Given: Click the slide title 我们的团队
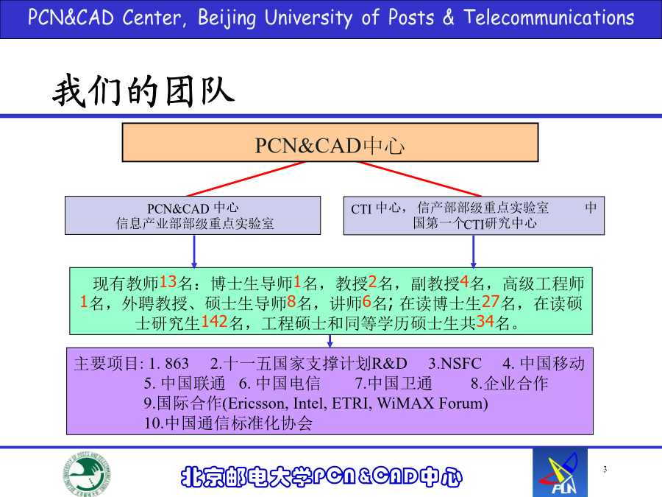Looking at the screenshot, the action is pos(143,91).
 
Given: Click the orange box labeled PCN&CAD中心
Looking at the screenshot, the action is pos(330,142).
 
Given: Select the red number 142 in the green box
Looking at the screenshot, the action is pos(215,322).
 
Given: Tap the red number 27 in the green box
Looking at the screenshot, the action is pos(491,302).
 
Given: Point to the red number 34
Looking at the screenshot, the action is pos(485,322).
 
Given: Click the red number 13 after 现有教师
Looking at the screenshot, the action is pos(168,282).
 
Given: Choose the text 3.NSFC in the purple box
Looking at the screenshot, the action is pos(455,364).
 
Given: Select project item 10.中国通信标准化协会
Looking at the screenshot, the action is pos(229,423).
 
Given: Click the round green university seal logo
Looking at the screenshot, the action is pos(87,473).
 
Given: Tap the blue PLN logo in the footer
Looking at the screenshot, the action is pos(560,473).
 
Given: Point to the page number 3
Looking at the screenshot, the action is pos(605,469).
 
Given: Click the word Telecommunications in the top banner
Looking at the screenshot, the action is pos(549,18).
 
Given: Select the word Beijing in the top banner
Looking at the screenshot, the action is pos(227,18).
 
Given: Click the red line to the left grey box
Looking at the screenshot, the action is pos(245,179).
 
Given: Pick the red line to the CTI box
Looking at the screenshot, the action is pos(420,179).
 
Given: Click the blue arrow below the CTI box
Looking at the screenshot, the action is pos(473,252).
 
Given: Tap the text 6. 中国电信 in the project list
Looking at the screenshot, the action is pos(280,384).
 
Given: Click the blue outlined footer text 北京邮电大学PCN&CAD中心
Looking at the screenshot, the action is pos(321,476).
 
